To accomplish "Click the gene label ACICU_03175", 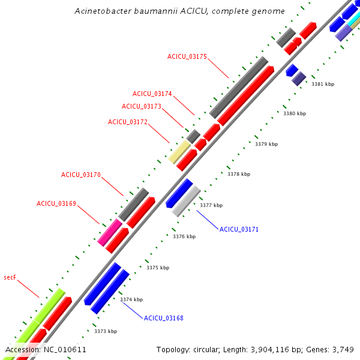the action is coord(187,56).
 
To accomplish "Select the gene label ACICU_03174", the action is coord(152,94).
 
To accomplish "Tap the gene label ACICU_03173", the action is coord(141,106).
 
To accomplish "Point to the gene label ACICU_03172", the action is coord(127,122).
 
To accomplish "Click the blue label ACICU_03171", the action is coord(239,229).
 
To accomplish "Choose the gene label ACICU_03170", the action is coord(80,175).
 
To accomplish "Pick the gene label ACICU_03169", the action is coord(56,203).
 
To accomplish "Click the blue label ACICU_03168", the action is coord(163,317).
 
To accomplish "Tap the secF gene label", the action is coord(9,277).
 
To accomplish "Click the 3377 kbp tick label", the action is coord(211,205).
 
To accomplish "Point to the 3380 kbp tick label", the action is coord(294,113).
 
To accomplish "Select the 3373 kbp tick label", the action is coord(105,331).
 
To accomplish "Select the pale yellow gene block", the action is coord(179,152).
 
